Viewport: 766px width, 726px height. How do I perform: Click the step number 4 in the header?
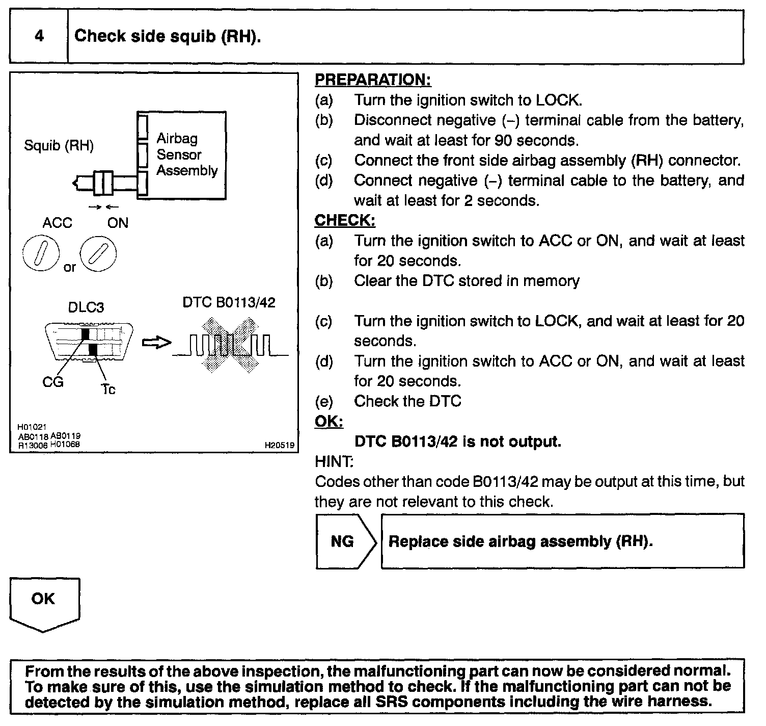[39, 36]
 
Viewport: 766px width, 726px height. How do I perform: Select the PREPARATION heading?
[373, 80]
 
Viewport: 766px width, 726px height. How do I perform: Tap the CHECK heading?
[345, 220]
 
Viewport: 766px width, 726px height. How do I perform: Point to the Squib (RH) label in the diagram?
[59, 146]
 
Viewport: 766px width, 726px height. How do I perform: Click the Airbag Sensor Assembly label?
[186, 154]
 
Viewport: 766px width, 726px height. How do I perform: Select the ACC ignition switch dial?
[42, 254]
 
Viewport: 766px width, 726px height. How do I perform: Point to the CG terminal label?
[53, 381]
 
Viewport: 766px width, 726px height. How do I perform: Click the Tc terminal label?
[108, 390]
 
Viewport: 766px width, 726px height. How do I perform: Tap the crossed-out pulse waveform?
[230, 344]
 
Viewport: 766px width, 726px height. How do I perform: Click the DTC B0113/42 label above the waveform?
[229, 302]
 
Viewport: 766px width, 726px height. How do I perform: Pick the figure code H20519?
[279, 445]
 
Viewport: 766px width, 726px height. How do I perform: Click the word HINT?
[334, 462]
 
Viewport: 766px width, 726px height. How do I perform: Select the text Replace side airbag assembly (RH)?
[521, 541]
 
